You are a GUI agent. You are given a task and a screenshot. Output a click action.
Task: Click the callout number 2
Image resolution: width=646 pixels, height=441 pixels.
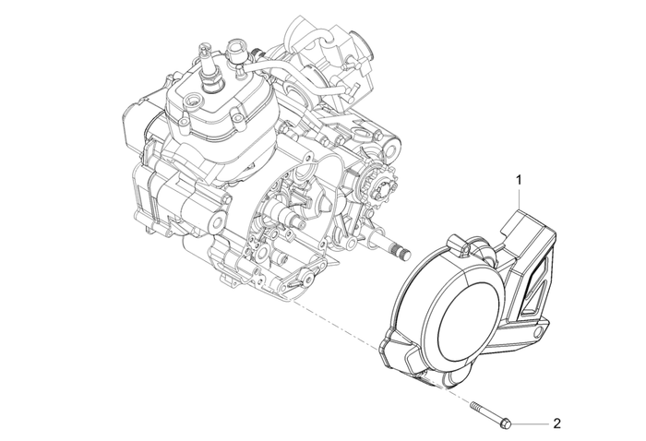coord(556,424)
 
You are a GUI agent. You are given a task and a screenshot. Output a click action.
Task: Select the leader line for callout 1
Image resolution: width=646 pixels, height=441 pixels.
coord(520,197)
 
